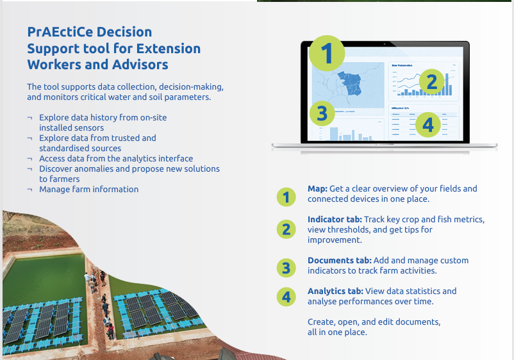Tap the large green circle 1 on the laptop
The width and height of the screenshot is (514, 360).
327,54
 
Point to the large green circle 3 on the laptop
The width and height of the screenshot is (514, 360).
322,114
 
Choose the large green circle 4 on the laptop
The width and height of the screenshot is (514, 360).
428,125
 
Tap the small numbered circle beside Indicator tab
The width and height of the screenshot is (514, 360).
286,229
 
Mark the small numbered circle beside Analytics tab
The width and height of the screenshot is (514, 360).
286,297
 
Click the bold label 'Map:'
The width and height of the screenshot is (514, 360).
317,189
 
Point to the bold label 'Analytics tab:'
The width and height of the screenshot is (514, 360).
337,291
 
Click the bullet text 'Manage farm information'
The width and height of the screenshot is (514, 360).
88,190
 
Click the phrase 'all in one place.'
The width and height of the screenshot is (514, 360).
337,332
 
